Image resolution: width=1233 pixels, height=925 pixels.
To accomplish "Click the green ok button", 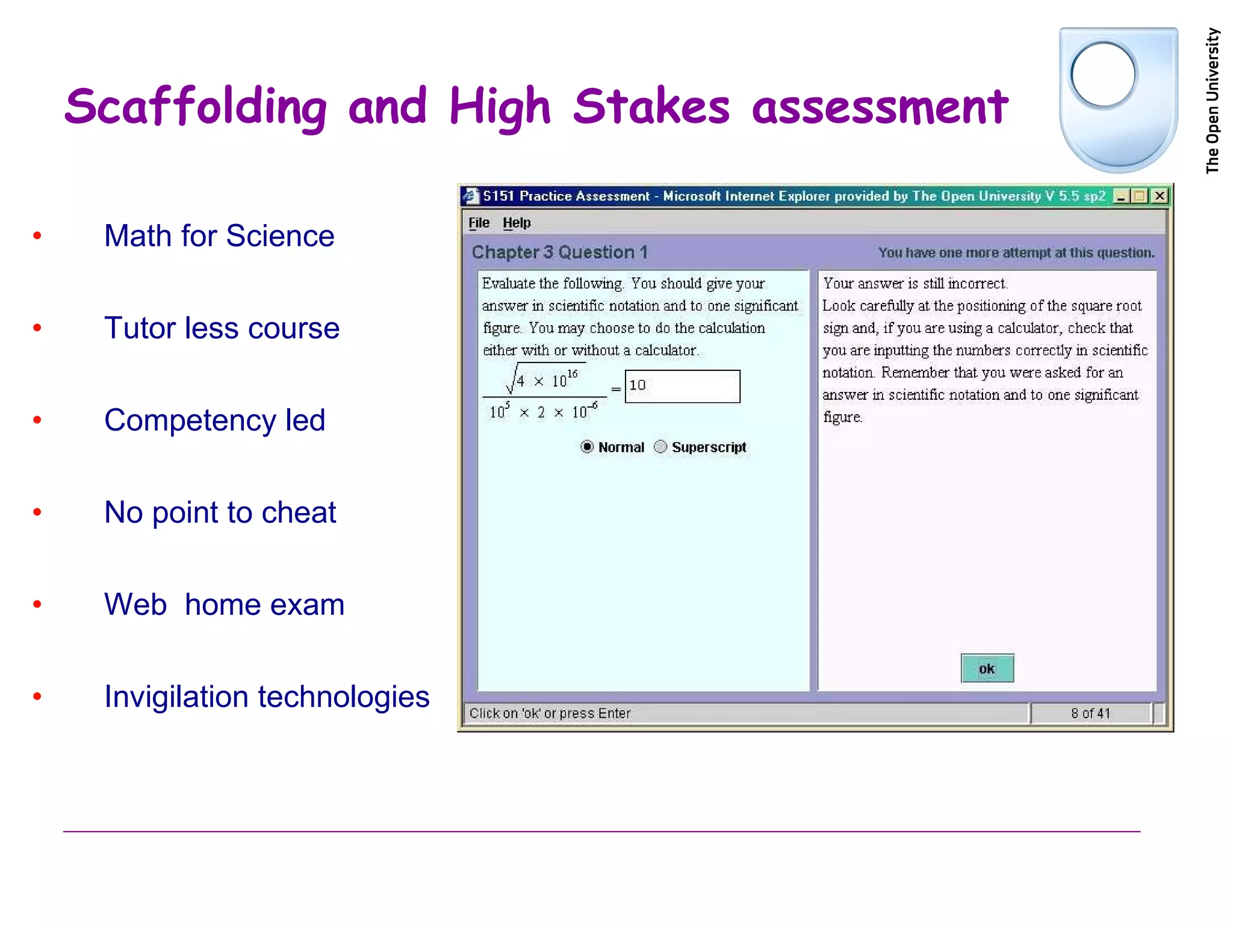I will [x=987, y=668].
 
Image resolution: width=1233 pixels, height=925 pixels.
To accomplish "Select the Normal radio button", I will [x=587, y=447].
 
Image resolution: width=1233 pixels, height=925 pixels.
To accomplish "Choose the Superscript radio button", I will [x=660, y=447].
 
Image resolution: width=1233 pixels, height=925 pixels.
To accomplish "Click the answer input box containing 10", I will [x=682, y=386].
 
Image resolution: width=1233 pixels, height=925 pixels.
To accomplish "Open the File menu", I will [x=479, y=223].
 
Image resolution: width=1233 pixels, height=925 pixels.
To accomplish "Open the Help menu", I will [x=517, y=223].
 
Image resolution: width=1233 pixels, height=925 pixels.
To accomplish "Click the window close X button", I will [x=1160, y=196].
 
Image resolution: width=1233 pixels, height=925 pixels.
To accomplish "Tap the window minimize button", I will [x=1121, y=196].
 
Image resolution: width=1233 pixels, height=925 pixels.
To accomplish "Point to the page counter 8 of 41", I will [x=1090, y=714].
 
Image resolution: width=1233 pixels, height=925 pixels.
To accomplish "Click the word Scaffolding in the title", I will [x=196, y=107].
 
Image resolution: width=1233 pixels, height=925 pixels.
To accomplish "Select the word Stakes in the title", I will [x=651, y=107].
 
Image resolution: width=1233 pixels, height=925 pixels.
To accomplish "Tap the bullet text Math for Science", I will [x=219, y=235].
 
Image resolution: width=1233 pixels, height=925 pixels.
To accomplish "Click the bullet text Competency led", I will [x=214, y=420].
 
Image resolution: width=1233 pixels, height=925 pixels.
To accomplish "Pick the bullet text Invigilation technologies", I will [x=267, y=697].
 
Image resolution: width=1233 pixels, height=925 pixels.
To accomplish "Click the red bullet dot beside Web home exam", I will [x=37, y=604].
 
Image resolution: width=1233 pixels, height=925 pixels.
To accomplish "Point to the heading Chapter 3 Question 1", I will [x=559, y=252].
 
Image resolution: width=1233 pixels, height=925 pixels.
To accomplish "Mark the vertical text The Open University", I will [x=1213, y=101].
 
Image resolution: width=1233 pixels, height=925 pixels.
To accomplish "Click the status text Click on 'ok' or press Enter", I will [x=550, y=714].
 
